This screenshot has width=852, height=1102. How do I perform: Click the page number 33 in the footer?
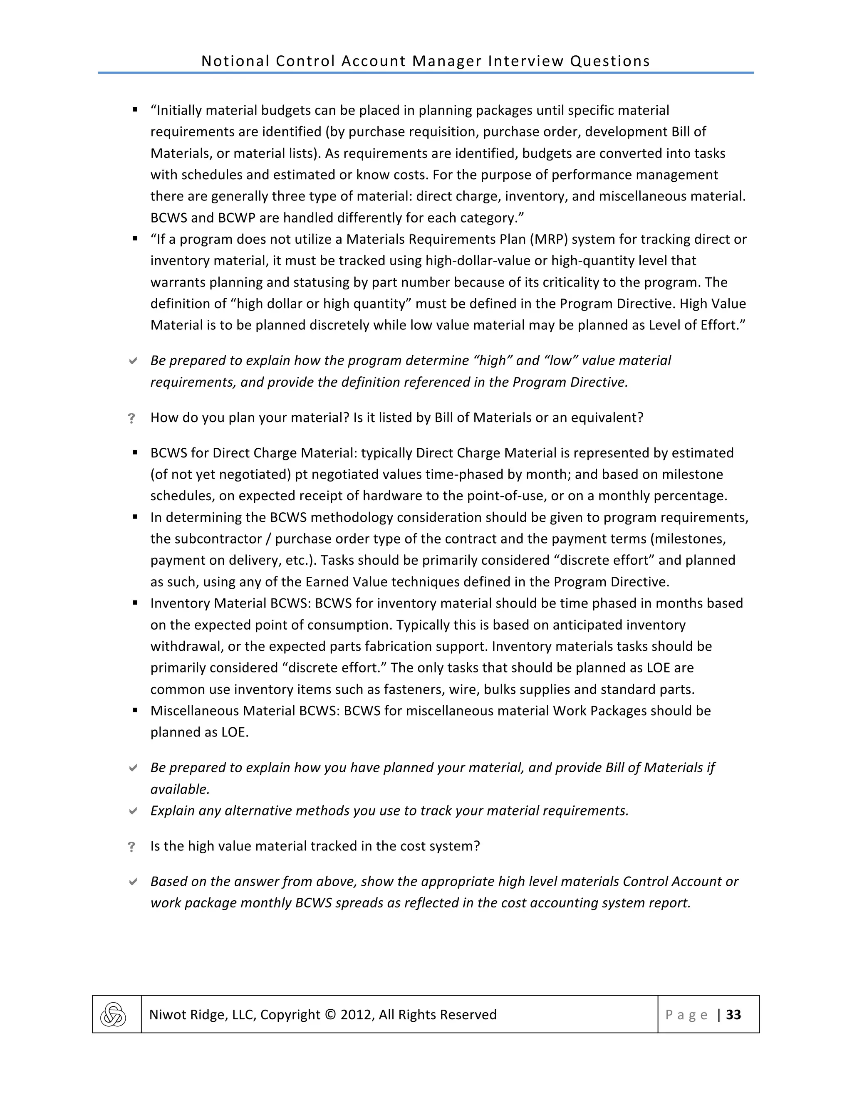click(733, 1015)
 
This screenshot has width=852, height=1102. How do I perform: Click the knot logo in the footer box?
click(113, 1015)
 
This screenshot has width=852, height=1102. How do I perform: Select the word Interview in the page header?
click(525, 61)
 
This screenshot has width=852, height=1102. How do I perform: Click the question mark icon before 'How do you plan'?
click(132, 418)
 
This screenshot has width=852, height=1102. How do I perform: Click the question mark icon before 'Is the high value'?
click(132, 847)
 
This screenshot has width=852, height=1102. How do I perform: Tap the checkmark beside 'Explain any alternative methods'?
click(133, 811)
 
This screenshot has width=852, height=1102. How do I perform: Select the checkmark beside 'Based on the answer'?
click(133, 882)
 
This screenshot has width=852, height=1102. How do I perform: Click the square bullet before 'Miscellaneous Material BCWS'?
click(135, 710)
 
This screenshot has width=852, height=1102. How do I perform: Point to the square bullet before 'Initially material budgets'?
click(135, 109)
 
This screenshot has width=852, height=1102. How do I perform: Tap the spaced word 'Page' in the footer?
click(686, 1015)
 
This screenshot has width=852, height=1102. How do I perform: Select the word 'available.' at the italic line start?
click(180, 789)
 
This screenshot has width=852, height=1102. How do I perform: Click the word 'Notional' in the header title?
click(235, 61)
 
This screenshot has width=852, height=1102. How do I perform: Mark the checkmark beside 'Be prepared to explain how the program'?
click(133, 361)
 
